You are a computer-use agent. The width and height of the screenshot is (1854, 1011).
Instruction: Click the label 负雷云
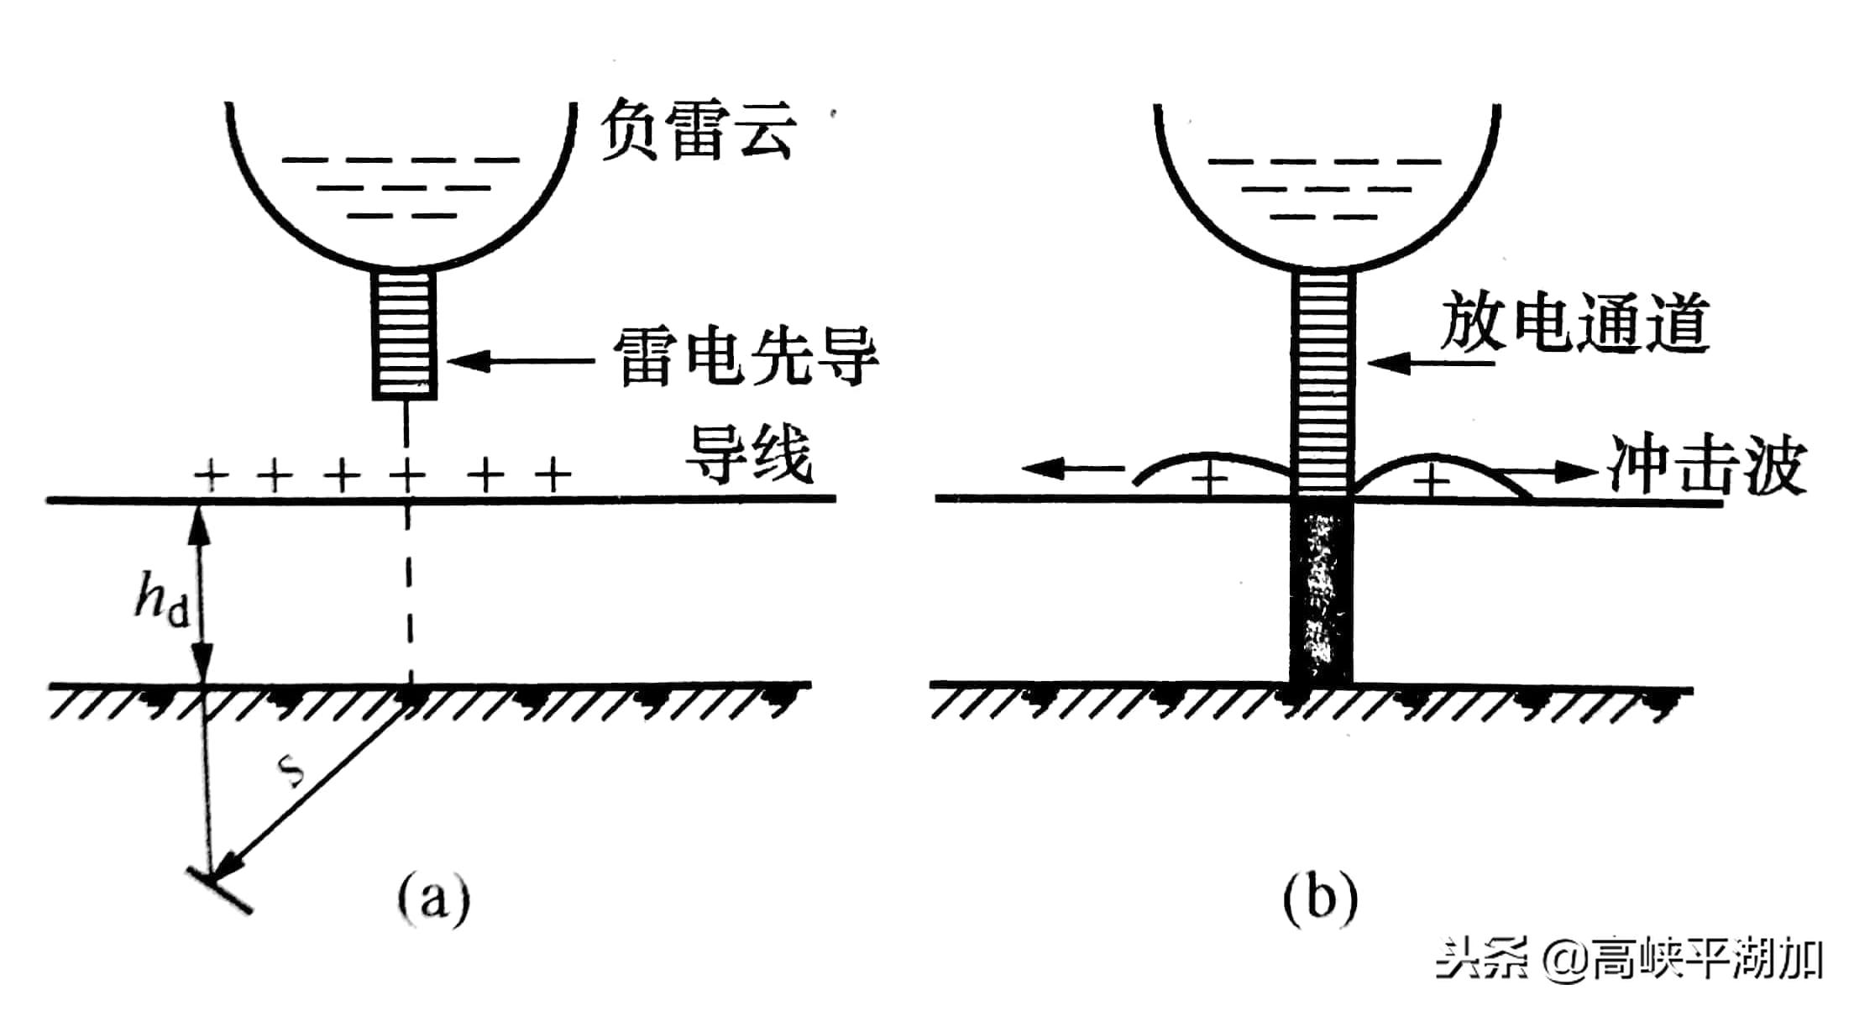697,130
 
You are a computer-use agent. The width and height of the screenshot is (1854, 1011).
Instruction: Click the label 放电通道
1575,322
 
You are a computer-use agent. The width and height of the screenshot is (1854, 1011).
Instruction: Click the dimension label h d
162,599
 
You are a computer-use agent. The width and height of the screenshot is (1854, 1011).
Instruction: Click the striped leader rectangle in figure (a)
405,334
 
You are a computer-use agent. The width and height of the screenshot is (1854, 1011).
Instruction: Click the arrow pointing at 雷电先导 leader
521,362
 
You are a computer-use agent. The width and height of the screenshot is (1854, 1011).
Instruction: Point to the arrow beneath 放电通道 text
1432,363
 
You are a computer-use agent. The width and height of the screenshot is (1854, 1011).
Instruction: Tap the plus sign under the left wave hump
1209,481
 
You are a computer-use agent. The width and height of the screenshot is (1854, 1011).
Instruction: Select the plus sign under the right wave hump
1432,481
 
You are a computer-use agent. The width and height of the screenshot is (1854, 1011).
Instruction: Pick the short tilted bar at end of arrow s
220,891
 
